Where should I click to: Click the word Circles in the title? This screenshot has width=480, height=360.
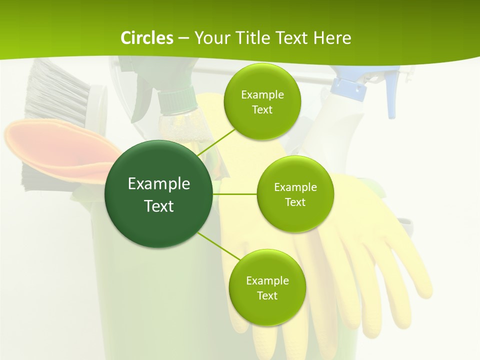[146, 37]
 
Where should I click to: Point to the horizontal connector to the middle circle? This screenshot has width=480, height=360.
[234, 194]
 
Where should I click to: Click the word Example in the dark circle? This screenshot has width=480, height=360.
[158, 183]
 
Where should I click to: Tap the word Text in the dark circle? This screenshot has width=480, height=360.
[158, 206]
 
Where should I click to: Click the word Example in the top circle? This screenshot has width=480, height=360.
[262, 94]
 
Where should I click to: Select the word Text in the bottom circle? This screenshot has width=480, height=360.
[267, 295]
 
